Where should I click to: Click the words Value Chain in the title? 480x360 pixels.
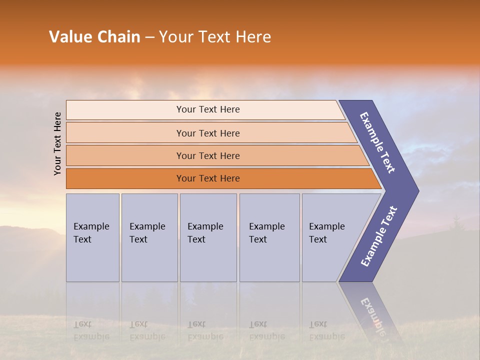tap(94, 37)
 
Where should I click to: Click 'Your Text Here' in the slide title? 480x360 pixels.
tap(215, 37)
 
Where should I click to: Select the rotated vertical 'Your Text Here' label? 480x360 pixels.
tap(57, 143)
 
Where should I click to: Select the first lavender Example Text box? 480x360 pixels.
tap(92, 237)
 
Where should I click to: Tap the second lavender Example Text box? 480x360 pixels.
tap(149, 237)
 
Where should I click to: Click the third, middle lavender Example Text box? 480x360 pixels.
tap(208, 237)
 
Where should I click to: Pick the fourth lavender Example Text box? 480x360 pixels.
tap(269, 237)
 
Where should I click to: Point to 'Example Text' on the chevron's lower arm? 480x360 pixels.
tap(379, 236)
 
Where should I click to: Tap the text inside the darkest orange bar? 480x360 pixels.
tap(208, 178)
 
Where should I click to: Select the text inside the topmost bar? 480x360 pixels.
tap(208, 109)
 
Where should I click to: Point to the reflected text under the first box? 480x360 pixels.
tap(91, 330)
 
